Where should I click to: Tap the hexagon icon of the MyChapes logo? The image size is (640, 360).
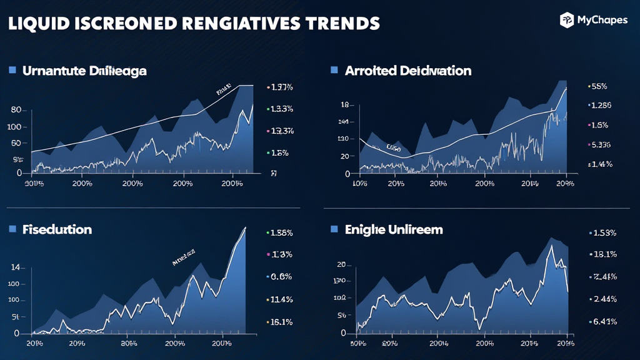[567, 20]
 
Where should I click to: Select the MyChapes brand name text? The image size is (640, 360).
[602, 21]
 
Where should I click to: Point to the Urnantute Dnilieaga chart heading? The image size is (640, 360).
[84, 71]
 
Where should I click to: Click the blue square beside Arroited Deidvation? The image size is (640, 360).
[334, 70]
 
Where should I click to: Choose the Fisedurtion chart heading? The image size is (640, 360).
[57, 229]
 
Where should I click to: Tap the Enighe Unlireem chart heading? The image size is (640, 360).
[394, 229]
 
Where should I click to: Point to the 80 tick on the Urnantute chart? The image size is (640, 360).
[16, 110]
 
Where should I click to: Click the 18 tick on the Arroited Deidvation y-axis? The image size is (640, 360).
[344, 105]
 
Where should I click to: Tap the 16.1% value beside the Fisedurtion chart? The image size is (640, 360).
[280, 322]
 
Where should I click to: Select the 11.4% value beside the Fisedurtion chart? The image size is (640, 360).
[280, 300]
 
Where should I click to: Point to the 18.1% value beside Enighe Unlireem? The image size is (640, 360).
[604, 254]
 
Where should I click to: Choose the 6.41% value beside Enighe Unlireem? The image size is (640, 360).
[604, 321]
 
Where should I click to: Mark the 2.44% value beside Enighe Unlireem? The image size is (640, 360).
[604, 299]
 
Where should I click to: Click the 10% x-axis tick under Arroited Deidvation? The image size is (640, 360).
[361, 184]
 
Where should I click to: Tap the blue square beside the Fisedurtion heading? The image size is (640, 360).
[12, 229]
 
